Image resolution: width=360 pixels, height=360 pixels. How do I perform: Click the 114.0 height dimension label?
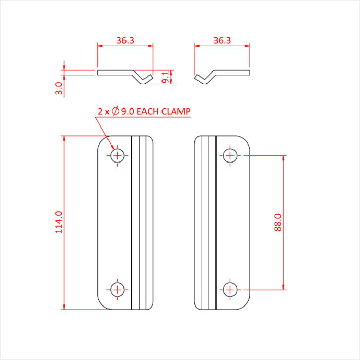(59, 223)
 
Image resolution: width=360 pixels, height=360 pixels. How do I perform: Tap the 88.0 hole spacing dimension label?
(278, 223)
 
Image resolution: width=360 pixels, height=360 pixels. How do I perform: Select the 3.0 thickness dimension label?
(59, 88)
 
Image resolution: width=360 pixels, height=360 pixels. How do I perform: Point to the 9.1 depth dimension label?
(165, 77)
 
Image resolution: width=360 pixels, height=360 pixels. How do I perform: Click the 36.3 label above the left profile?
(125, 40)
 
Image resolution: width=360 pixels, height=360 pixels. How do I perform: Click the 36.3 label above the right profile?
(222, 40)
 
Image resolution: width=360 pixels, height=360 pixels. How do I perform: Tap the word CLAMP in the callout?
(176, 112)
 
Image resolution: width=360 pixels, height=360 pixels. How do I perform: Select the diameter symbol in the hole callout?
(115, 111)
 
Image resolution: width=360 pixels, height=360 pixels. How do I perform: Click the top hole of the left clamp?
(117, 156)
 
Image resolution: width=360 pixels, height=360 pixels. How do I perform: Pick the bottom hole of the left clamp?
(117, 290)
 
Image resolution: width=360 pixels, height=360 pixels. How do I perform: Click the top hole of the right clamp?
(230, 156)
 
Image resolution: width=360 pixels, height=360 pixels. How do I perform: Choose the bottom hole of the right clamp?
(230, 290)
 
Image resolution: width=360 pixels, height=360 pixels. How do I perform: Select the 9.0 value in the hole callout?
(128, 112)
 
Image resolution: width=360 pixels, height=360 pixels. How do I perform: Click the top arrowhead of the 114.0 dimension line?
(64, 138)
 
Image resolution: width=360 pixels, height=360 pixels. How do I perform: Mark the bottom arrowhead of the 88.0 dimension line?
(283, 287)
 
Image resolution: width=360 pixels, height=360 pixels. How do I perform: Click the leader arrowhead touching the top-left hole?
(112, 147)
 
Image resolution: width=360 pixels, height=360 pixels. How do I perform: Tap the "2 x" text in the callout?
(103, 112)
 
